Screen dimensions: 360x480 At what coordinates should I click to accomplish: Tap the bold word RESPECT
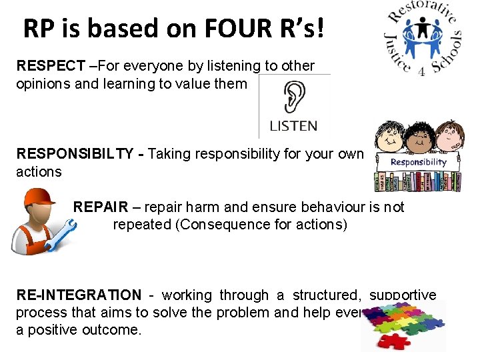click(x=51, y=66)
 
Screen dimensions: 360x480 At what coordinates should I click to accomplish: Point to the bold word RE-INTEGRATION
click(x=79, y=295)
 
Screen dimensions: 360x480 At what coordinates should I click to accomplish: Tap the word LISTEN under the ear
click(x=293, y=125)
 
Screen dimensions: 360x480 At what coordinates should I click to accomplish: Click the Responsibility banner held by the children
click(x=418, y=162)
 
